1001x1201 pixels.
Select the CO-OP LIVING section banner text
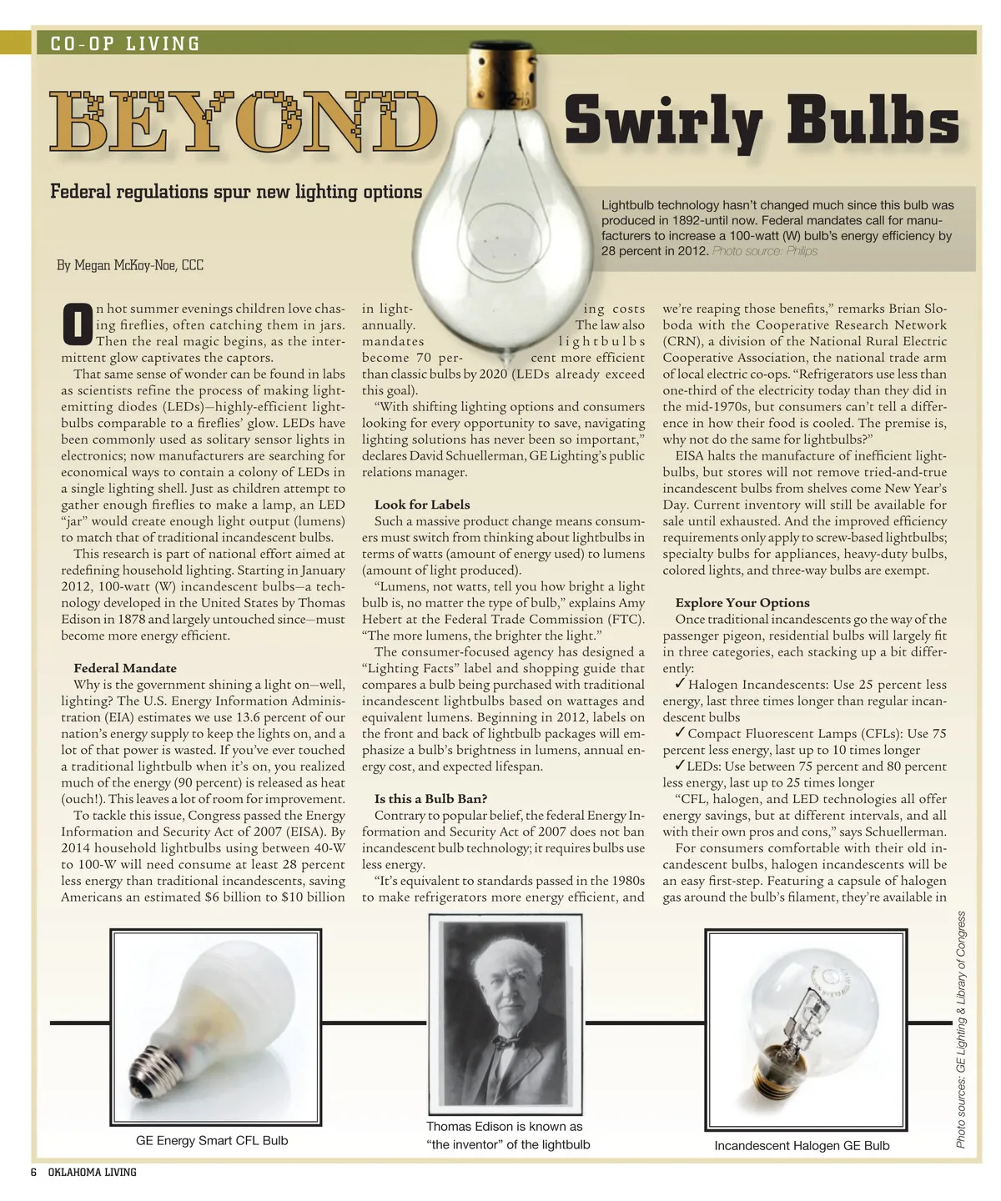click(x=126, y=43)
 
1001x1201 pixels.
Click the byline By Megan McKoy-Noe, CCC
click(x=130, y=265)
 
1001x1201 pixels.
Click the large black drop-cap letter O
click(x=77, y=324)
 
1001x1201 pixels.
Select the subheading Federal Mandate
click(x=125, y=668)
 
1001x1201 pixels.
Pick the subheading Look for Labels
click(x=422, y=505)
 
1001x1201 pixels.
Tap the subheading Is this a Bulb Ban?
click(x=430, y=799)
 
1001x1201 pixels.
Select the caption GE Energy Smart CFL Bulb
click(x=212, y=1140)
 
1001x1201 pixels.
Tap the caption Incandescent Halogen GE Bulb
click(x=802, y=1145)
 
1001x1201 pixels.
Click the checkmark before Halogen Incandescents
click(x=680, y=684)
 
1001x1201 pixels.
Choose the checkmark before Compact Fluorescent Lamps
click(x=680, y=733)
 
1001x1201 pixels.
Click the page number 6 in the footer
click(x=33, y=1172)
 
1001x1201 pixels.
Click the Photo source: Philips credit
click(x=765, y=251)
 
